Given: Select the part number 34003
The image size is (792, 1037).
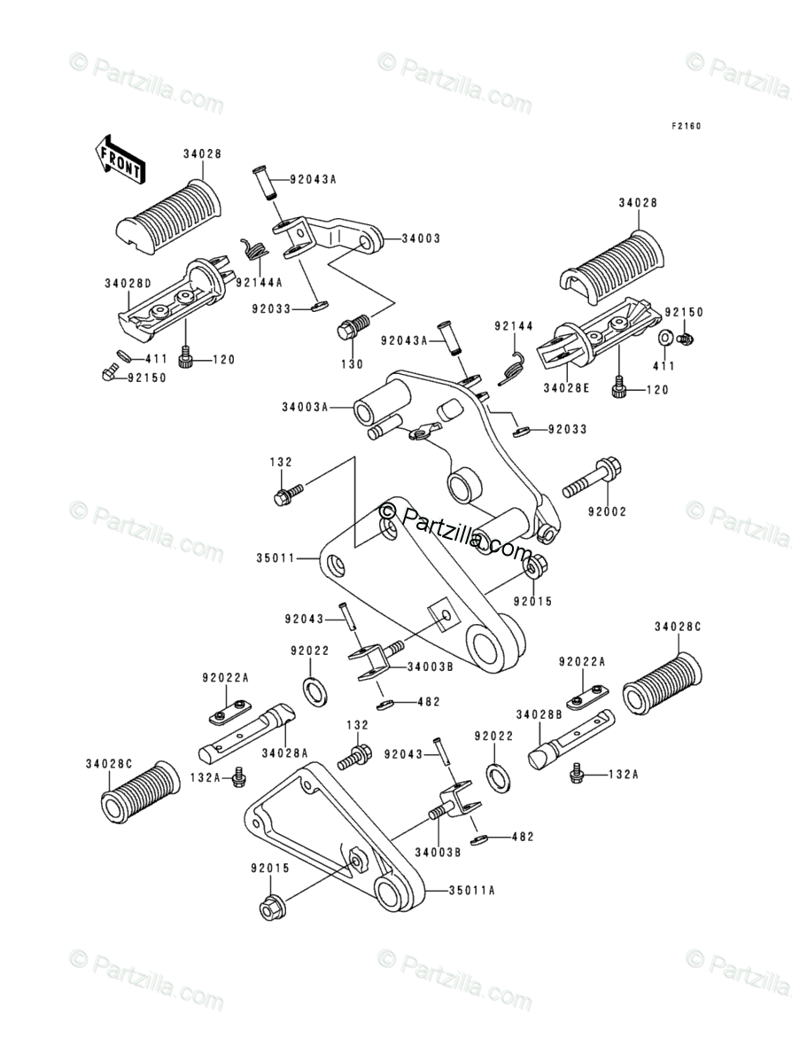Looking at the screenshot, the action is (x=421, y=238).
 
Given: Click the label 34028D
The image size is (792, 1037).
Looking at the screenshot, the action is (x=128, y=283).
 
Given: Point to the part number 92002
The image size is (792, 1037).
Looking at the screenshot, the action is (x=607, y=511).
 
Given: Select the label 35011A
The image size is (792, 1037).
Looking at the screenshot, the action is (x=471, y=890).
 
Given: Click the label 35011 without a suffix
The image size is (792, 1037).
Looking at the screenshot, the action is (x=276, y=558).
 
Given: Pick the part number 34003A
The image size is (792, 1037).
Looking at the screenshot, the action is (x=305, y=408).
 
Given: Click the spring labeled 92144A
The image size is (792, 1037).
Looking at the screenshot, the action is (x=254, y=249).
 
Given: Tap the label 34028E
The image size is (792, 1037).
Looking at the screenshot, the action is (x=566, y=388).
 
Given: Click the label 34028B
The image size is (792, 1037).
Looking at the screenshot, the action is (x=539, y=714).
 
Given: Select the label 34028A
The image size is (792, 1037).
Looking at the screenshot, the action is (x=285, y=752).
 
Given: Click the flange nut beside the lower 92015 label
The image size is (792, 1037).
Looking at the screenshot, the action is (x=272, y=908).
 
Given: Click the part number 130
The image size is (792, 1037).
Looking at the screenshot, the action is (x=352, y=364).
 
